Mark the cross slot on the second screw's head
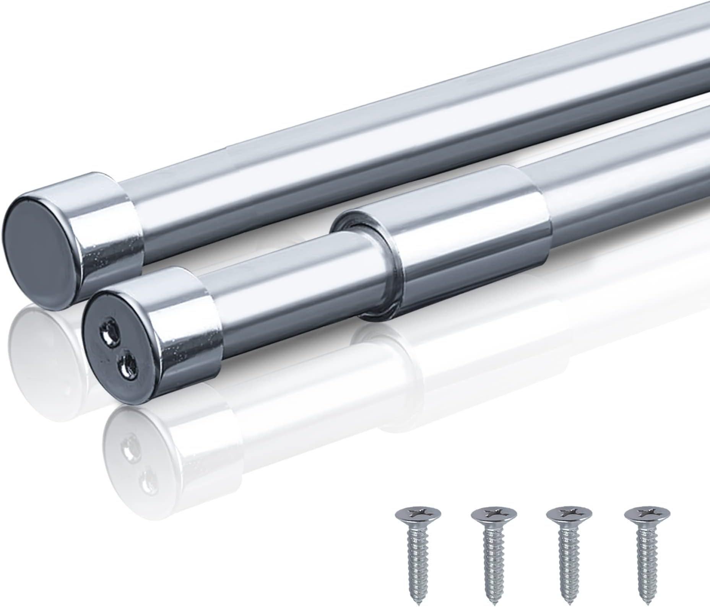[494, 513]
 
